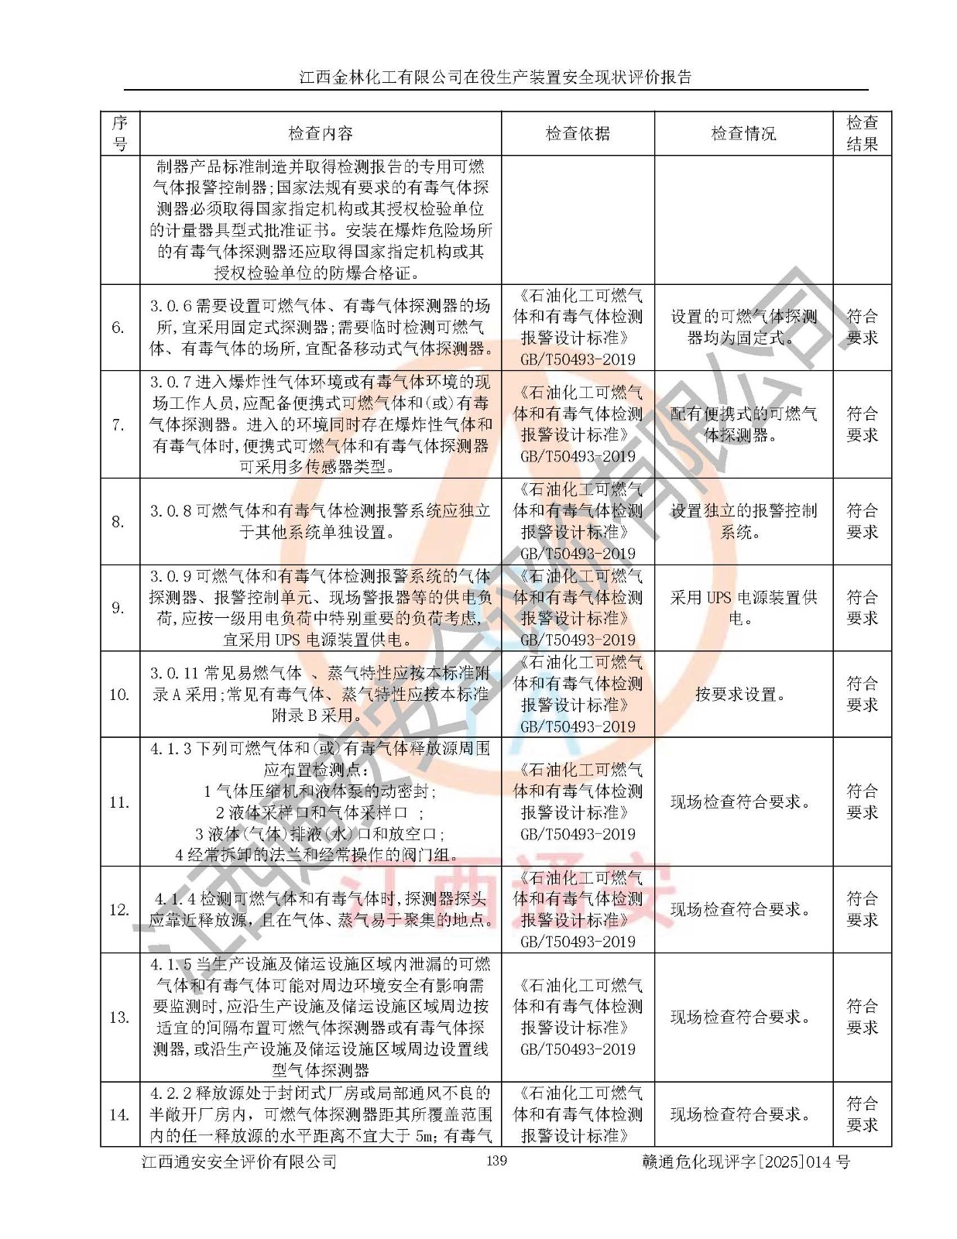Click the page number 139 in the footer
pos(496,1160)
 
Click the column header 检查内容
pos(321,133)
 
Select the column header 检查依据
pos(578,133)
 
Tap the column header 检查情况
pos(743,133)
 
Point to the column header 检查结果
pos(862,133)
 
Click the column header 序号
pos(120,133)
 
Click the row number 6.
pos(118,328)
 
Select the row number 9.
pos(118,608)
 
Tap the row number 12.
pos(119,910)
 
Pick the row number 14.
pos(119,1115)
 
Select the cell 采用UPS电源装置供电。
pos(743,608)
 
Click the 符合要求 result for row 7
pos(862,424)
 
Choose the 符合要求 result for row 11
pos(862,801)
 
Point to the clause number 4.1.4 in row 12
pos(175,899)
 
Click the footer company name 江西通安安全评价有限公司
pos(239,1162)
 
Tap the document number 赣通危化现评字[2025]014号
pos(746,1162)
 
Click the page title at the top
pos(496,77)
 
